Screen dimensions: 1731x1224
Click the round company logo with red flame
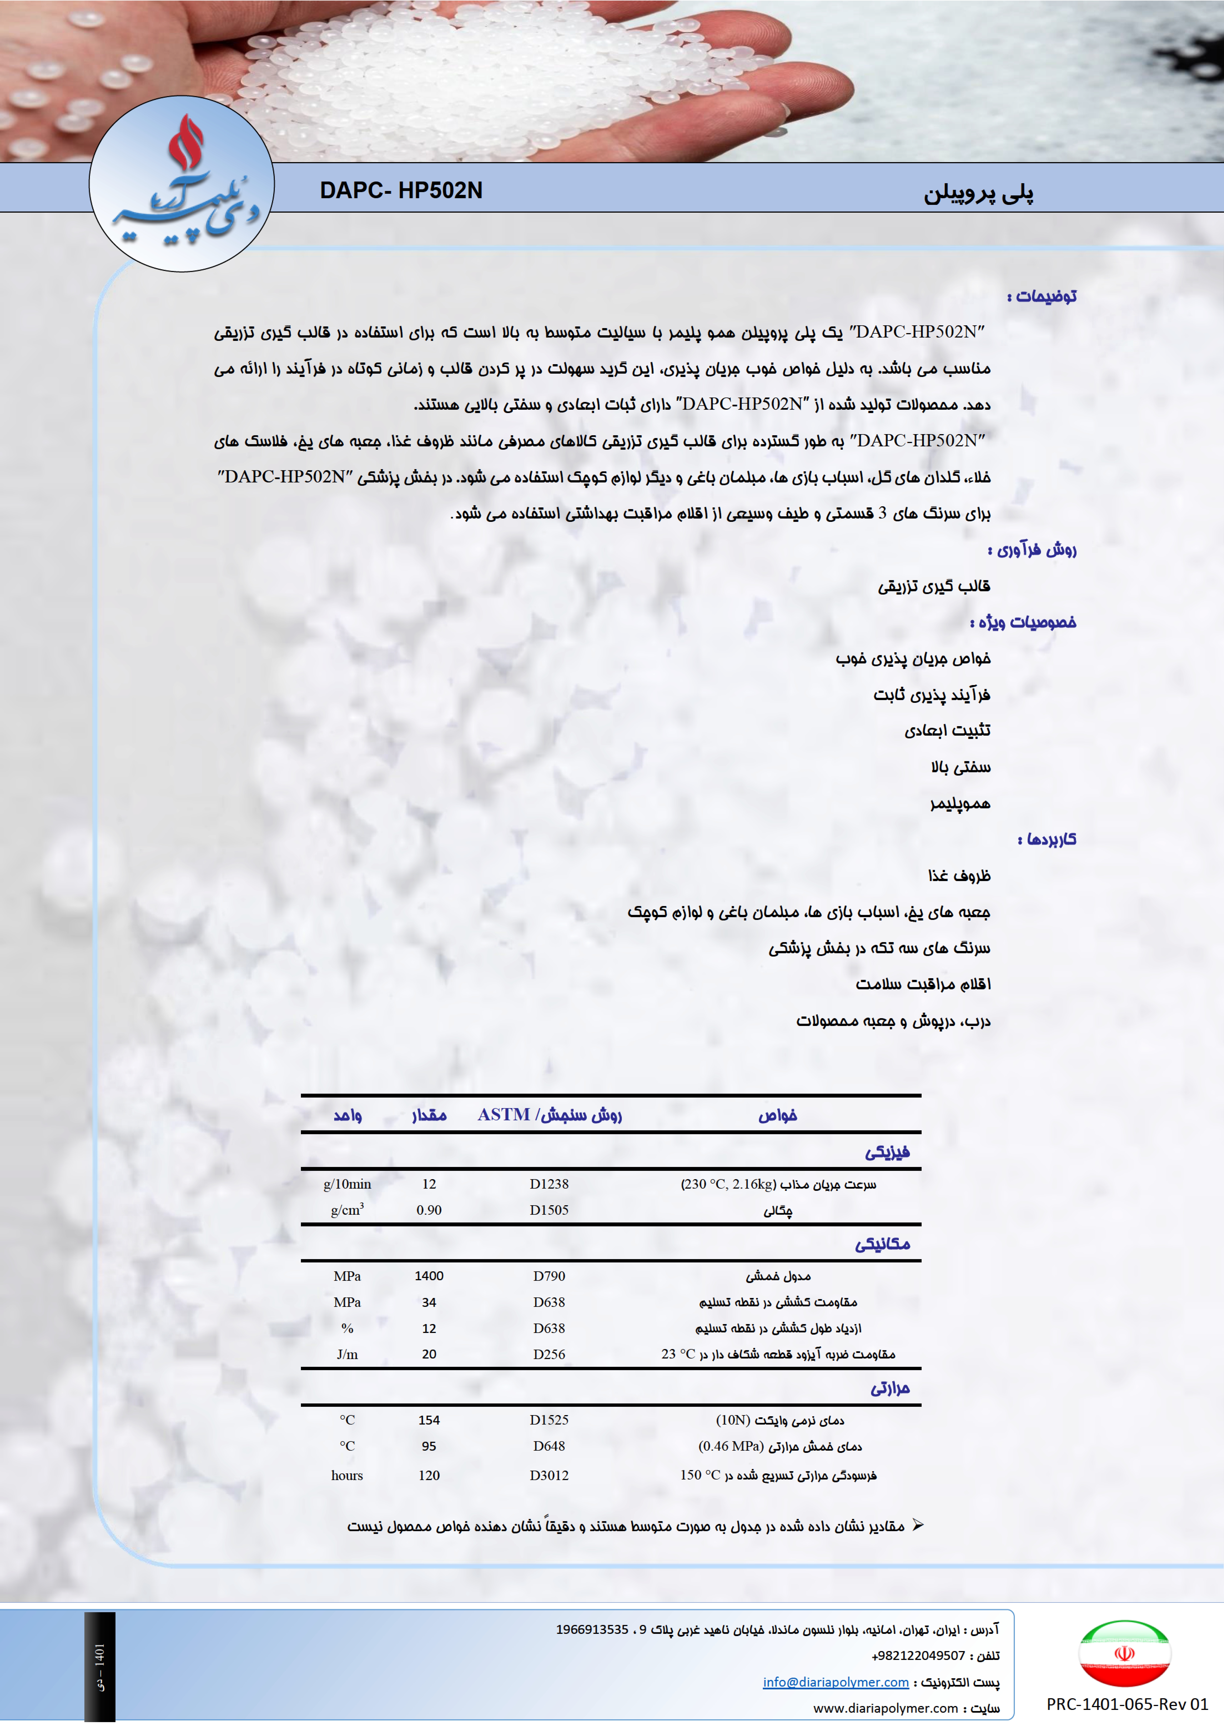pyautogui.click(x=182, y=183)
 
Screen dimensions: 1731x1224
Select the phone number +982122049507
pyautogui.click(x=918, y=1656)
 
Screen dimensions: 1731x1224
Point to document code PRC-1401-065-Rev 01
pyautogui.click(x=1127, y=1704)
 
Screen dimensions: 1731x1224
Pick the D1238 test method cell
pyautogui.click(x=549, y=1184)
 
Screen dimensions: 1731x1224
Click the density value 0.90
pyautogui.click(x=429, y=1210)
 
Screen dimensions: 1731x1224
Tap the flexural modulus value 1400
pyautogui.click(x=429, y=1276)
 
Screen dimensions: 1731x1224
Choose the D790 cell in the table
pyautogui.click(x=549, y=1276)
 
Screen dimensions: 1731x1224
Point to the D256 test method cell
pyautogui.click(x=549, y=1354)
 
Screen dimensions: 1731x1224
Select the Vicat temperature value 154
pyautogui.click(x=429, y=1420)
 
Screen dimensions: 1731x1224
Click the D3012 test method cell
pyautogui.click(x=549, y=1475)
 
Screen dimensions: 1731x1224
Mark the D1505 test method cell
pyautogui.click(x=549, y=1210)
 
